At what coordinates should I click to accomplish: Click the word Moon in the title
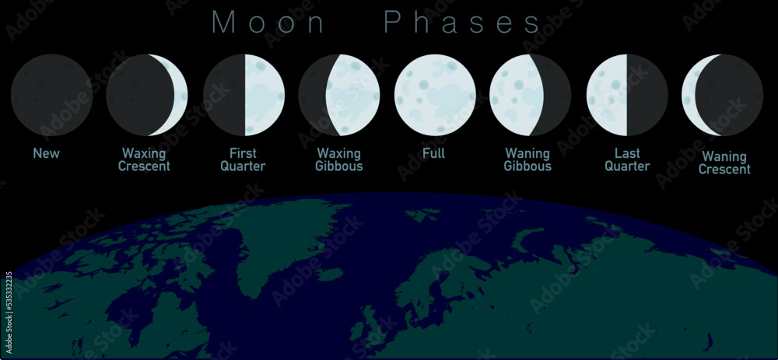click(268, 22)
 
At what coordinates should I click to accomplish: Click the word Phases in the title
click(462, 22)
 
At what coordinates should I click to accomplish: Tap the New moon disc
click(51, 95)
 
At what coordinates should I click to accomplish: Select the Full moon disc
click(435, 95)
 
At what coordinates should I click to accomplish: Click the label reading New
click(46, 153)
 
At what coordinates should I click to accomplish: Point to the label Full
click(433, 153)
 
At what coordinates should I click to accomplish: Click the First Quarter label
click(243, 159)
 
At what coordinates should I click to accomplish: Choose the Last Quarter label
click(627, 159)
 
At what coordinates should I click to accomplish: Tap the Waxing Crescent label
click(145, 159)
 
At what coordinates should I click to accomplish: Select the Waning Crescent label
click(724, 163)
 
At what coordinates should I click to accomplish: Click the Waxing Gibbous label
click(339, 159)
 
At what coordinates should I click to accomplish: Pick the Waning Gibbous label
click(527, 159)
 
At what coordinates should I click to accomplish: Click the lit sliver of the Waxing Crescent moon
click(180, 95)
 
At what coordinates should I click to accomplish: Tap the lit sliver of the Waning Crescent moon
click(689, 95)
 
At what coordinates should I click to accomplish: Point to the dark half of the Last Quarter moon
click(647, 95)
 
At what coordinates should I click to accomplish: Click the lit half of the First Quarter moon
click(265, 95)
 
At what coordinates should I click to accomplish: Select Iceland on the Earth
click(331, 274)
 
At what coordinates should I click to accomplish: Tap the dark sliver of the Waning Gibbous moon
click(559, 95)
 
